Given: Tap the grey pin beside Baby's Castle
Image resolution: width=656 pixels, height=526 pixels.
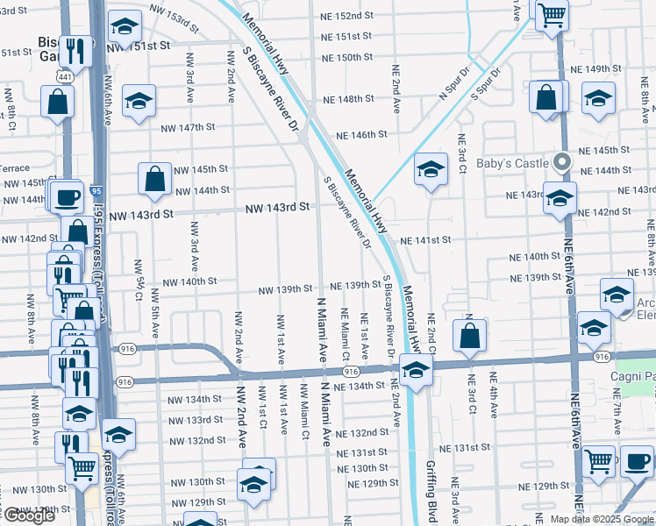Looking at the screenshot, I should (562, 161).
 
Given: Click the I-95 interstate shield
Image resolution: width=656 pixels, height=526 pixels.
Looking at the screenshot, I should (95, 188).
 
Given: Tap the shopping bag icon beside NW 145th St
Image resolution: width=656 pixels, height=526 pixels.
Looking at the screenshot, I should (154, 179).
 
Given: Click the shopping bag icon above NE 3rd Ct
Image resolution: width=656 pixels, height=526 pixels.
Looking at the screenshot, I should (470, 335).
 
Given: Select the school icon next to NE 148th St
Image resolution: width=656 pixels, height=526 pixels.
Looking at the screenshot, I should (139, 102).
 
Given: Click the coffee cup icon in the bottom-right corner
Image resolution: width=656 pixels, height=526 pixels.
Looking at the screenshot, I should (636, 461).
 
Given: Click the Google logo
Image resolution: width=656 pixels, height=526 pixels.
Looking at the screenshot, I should (28, 515).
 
